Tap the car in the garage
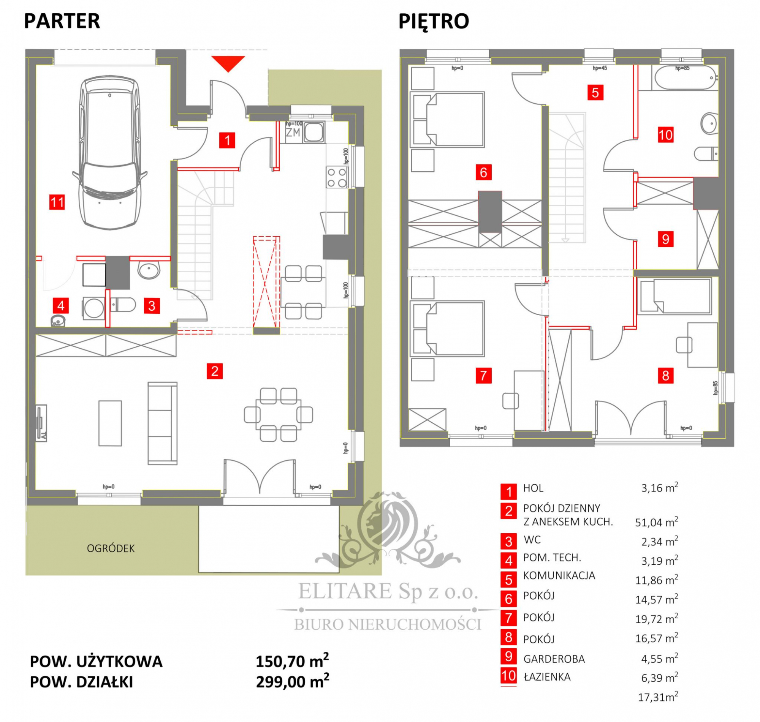pos(110,153)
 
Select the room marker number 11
pos(57,202)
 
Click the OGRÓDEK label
pos(111,548)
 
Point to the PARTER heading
pos(62,21)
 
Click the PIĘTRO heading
pos(434,22)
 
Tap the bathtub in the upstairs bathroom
pos(684,77)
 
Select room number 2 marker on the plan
pos(214,371)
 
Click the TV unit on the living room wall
pos(41,423)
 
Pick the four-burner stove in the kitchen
pos(337,177)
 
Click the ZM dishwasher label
pos(293,133)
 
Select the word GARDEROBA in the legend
pos(554,659)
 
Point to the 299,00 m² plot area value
pos(292,682)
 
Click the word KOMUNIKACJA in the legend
pos(559,575)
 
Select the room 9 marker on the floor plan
pos(665,239)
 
